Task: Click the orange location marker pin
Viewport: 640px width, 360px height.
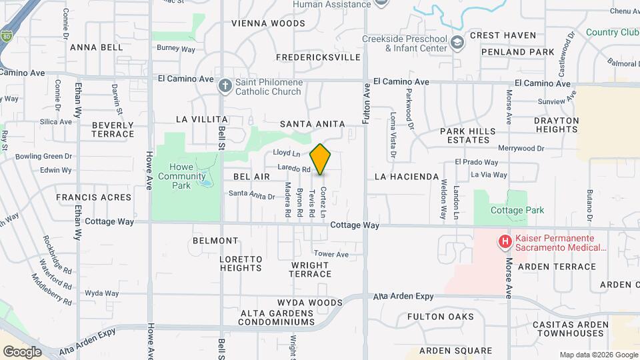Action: click(x=321, y=159)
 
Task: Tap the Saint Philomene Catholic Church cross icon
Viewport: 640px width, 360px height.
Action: click(x=225, y=85)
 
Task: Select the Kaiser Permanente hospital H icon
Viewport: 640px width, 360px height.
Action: click(x=505, y=241)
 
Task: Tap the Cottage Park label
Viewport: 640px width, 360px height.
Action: click(x=517, y=210)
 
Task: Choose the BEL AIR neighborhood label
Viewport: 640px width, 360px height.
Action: click(x=251, y=177)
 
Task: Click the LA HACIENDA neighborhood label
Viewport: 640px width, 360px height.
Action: click(x=407, y=177)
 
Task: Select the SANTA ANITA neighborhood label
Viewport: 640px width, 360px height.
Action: click(x=312, y=124)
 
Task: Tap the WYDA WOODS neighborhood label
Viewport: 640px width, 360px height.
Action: click(x=292, y=303)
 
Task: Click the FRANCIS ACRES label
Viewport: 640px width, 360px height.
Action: click(x=93, y=197)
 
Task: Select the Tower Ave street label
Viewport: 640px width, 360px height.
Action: click(x=331, y=254)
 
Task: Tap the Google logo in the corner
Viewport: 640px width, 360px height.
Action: click(x=22, y=351)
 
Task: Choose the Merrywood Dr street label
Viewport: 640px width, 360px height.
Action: click(x=521, y=149)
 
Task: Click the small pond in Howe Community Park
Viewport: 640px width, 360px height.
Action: click(x=207, y=181)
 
